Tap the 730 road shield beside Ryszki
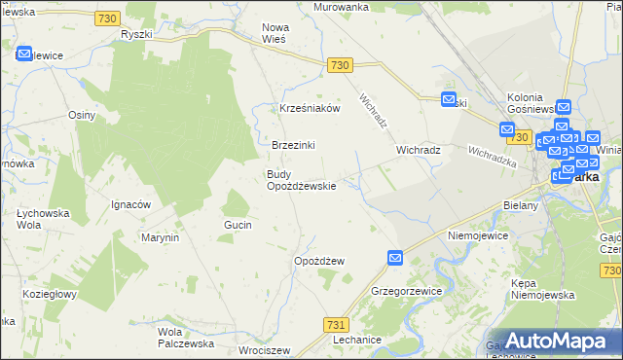point(109,19)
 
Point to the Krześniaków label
point(310,109)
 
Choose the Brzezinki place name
point(294,145)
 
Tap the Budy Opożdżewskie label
point(301,180)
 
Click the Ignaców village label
point(130,204)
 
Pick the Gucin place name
point(238,225)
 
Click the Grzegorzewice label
point(407,291)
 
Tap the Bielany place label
point(521,206)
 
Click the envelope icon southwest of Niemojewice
point(395,257)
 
